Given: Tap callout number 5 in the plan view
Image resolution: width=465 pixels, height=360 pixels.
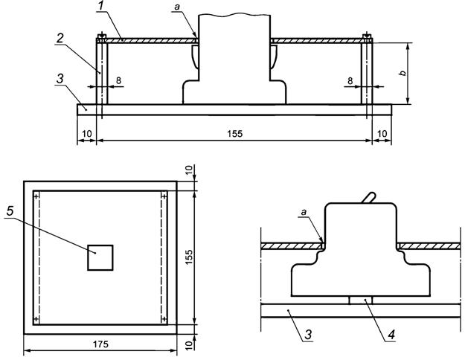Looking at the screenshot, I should (x=10, y=211).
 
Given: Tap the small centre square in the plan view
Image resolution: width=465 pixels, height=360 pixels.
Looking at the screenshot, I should (x=100, y=257).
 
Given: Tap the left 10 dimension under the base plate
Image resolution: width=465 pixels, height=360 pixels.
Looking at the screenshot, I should (x=87, y=133).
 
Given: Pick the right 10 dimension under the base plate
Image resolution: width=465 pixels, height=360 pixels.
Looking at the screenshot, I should (x=382, y=133).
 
